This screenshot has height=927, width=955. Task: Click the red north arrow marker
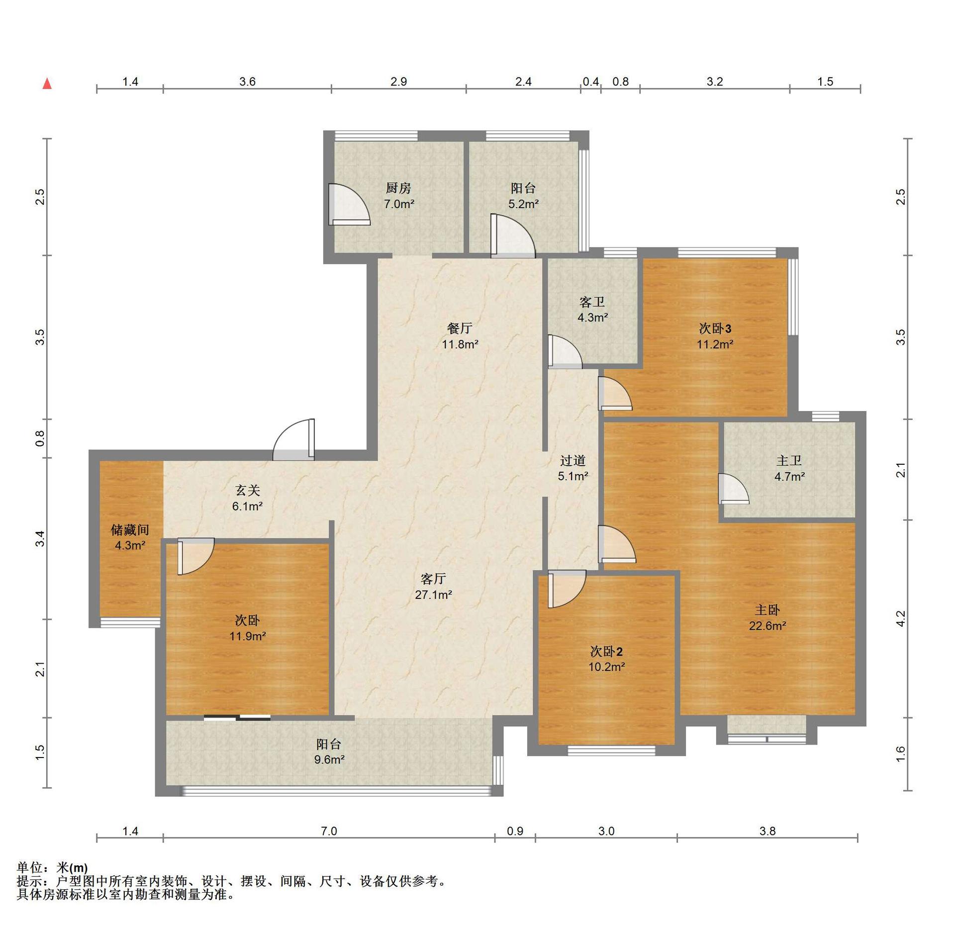47,84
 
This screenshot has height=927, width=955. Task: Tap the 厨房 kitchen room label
398,188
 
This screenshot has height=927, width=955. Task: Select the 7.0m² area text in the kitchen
399,204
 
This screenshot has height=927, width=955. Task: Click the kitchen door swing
349,204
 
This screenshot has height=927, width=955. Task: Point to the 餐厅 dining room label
460,328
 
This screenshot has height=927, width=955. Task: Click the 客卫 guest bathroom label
592,302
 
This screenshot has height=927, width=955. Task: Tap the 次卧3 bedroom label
715,329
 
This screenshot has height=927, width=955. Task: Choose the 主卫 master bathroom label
789,461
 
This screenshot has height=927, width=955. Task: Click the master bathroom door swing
734,489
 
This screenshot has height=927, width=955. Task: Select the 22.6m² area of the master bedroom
767,626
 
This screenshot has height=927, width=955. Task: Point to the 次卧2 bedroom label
606,651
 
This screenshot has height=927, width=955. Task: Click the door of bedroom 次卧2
567,589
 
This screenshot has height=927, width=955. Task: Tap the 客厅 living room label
433,579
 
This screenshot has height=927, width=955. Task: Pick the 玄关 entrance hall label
247,491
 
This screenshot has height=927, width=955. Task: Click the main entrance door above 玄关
293,439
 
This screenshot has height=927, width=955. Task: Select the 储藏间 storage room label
130,530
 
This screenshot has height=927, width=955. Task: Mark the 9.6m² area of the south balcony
329,759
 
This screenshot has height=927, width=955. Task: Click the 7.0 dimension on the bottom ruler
329,831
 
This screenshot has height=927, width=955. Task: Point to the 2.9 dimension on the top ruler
398,82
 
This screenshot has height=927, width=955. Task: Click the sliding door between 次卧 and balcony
237,717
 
